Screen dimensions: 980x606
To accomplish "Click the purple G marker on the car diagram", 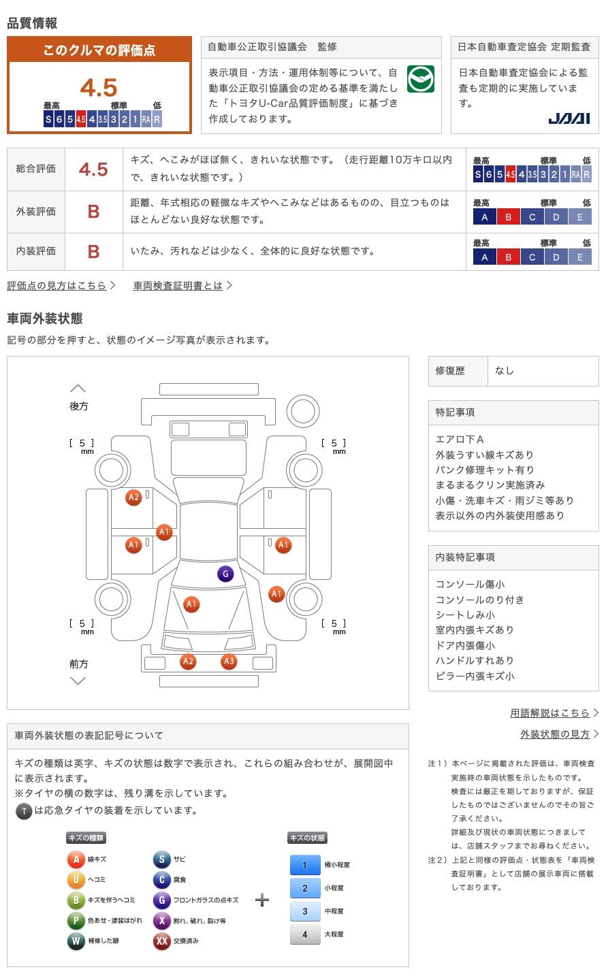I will pyautogui.click(x=225, y=574).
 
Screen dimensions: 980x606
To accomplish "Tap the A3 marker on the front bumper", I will pyautogui.click(x=229, y=661).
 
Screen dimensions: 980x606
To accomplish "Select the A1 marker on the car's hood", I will pyautogui.click(x=191, y=604).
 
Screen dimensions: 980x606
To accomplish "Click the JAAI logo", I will pyautogui.click(x=569, y=118).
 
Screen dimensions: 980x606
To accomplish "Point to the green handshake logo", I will pyautogui.click(x=420, y=79).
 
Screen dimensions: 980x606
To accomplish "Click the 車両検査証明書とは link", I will pyautogui.click(x=178, y=286).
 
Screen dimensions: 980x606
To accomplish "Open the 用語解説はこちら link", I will pyautogui.click(x=550, y=713).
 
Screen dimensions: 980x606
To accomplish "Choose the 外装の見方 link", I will pyautogui.click(x=555, y=734).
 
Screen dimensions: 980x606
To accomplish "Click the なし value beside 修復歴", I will pyautogui.click(x=505, y=371).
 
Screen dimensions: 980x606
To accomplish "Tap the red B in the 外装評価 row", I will pyautogui.click(x=93, y=212).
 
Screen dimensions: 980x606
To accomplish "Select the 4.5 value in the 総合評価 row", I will pyautogui.click(x=93, y=169).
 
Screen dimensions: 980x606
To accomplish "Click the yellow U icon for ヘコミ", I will pyautogui.click(x=76, y=880).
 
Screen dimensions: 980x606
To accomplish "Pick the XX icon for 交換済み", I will pyautogui.click(x=161, y=941).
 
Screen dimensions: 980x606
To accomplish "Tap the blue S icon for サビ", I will pyautogui.click(x=161, y=860).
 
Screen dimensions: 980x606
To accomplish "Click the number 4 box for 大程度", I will pyautogui.click(x=304, y=934).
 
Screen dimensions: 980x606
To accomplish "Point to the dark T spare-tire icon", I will pyautogui.click(x=24, y=811).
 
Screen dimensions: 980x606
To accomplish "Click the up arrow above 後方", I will pyautogui.click(x=78, y=388).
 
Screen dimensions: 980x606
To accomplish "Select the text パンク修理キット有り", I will pyautogui.click(x=485, y=470).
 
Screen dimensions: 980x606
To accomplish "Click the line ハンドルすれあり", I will pyautogui.click(x=475, y=660).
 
